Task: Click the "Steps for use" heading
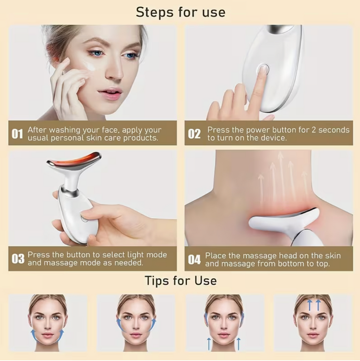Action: pos(180,12)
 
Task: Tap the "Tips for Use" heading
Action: pos(180,280)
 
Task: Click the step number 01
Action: pos(17,134)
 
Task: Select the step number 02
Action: pos(194,134)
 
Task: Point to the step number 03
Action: pos(18,259)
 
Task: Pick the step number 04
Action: pos(194,259)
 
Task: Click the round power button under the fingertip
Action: pos(263,68)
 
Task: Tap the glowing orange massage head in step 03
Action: pos(74,159)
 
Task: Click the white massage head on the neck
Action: pos(283,218)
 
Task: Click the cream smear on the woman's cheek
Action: pos(91,67)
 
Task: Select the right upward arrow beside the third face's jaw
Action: pos(239,344)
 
